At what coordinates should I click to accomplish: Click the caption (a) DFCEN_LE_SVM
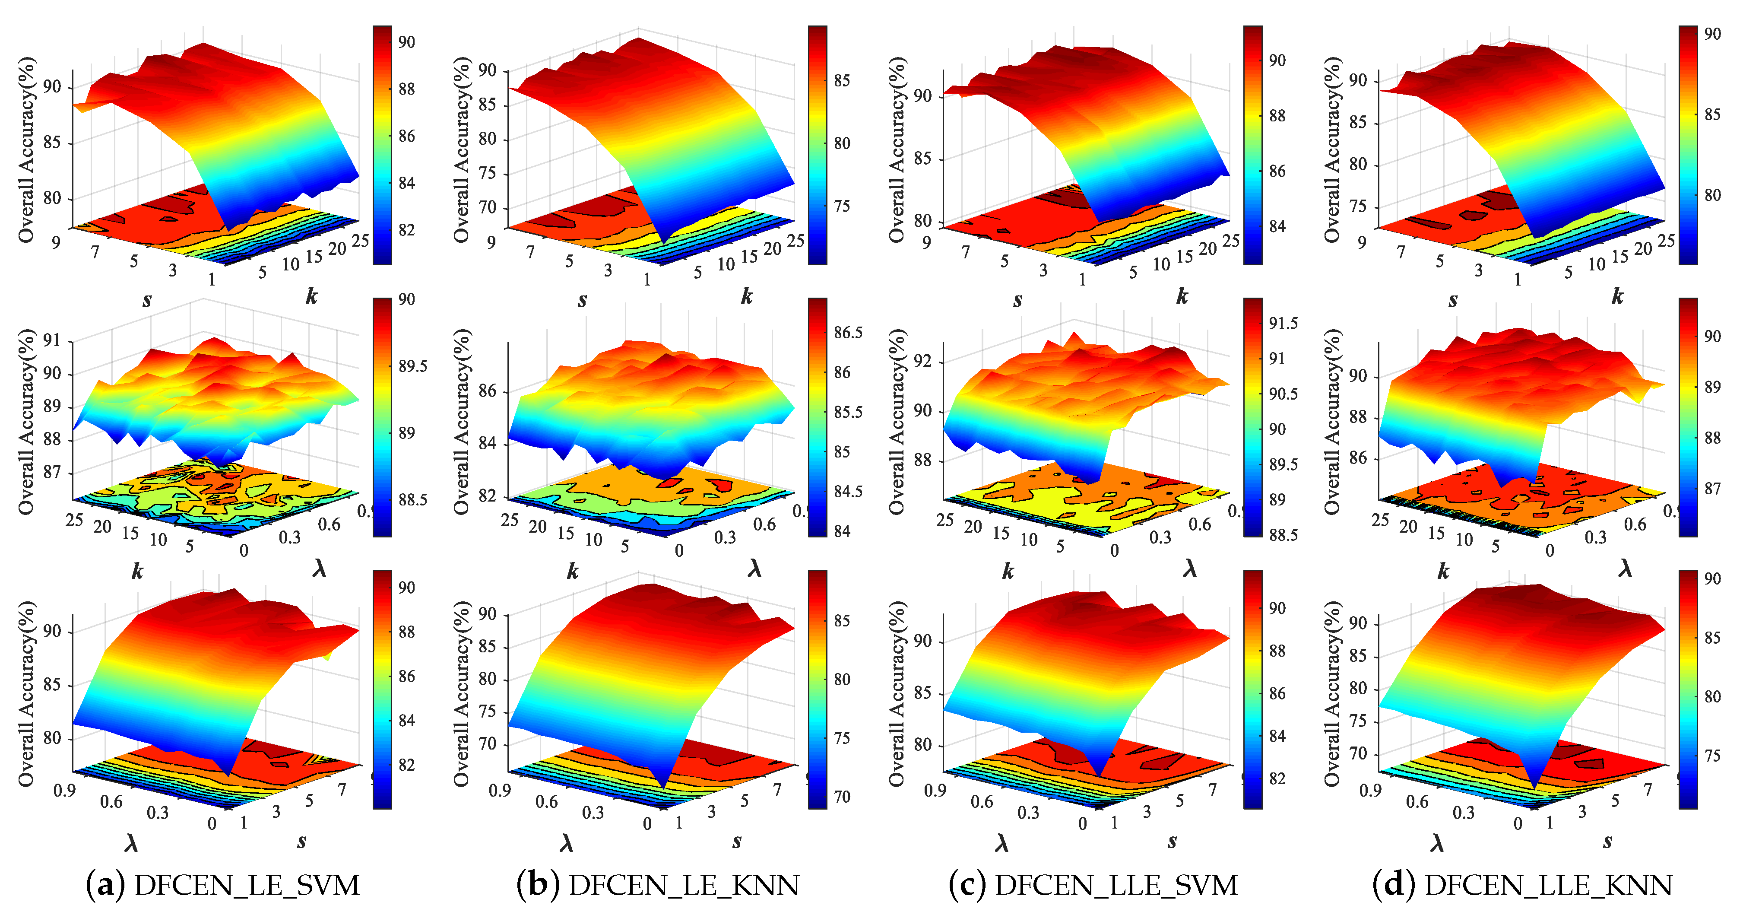tap(223, 885)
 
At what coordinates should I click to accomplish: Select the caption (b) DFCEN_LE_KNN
tap(658, 885)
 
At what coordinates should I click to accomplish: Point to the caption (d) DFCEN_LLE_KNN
tap(1522, 885)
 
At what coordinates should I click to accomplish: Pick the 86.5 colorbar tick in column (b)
tap(848, 332)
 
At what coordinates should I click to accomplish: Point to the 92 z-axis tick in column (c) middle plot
tap(922, 361)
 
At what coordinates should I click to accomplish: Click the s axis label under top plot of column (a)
tap(147, 300)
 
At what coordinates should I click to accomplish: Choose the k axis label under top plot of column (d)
tap(1617, 296)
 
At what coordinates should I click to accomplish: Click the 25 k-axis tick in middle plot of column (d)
tap(1380, 520)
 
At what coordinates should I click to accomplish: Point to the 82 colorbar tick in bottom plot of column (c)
tap(1277, 778)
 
